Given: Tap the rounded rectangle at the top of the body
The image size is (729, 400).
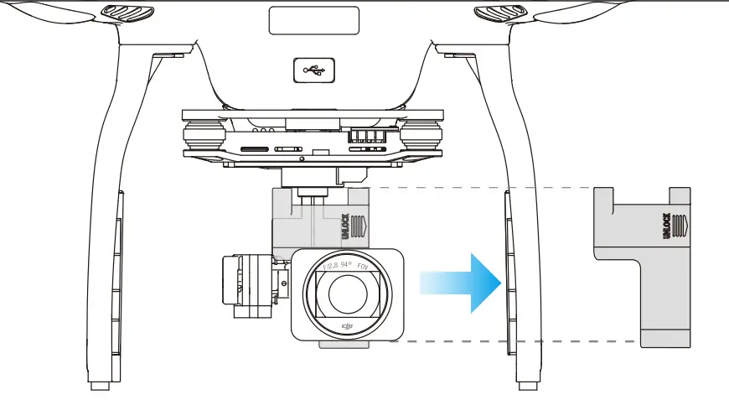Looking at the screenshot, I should coord(313,20).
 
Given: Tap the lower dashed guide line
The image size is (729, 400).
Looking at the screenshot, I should coord(520,341).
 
